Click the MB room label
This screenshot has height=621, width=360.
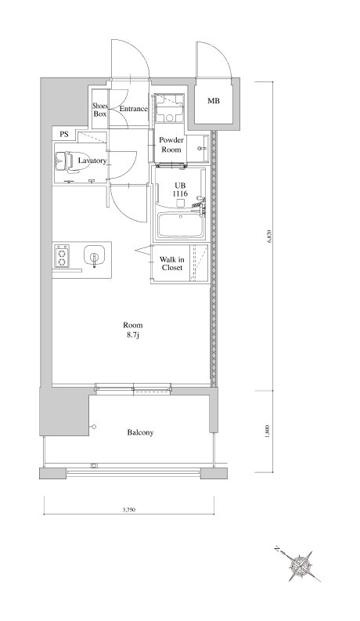click(213, 101)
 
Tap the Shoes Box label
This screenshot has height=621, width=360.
click(100, 110)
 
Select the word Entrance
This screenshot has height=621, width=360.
click(133, 109)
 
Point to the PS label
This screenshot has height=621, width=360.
click(64, 134)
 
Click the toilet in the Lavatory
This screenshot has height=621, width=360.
click(67, 162)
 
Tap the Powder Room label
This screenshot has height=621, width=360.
click(171, 145)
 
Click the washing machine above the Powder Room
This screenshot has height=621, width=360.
click(169, 109)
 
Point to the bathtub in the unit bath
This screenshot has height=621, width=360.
click(180, 226)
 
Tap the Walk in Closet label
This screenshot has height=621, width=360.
click(171, 264)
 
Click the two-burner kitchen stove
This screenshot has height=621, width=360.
click(62, 256)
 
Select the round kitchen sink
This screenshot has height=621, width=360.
click(94, 256)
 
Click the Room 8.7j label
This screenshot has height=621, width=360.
click(132, 329)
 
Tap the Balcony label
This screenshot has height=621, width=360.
click(140, 432)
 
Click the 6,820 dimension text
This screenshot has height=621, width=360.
click(270, 236)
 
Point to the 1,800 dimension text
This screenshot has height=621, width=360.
click(268, 431)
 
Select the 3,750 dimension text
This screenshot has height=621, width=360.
click(129, 510)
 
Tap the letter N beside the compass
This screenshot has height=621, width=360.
click(277, 549)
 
